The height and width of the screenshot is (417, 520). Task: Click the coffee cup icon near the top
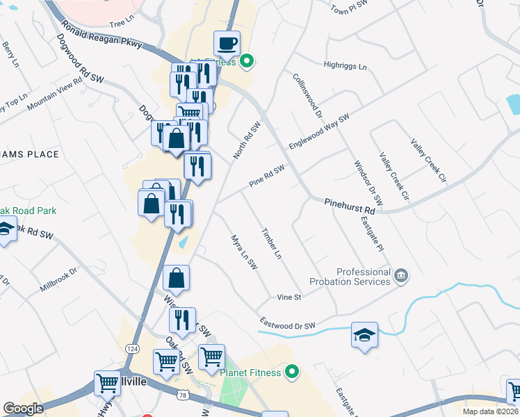(227, 44)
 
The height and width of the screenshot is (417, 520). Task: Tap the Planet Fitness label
(250, 373)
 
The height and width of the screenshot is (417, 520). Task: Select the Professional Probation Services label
(363, 277)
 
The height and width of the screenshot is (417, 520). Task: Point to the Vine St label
(289, 297)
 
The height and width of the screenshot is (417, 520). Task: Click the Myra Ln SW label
(244, 252)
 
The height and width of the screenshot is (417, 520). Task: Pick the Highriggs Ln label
(345, 66)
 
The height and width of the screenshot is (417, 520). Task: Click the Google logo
(23, 409)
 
